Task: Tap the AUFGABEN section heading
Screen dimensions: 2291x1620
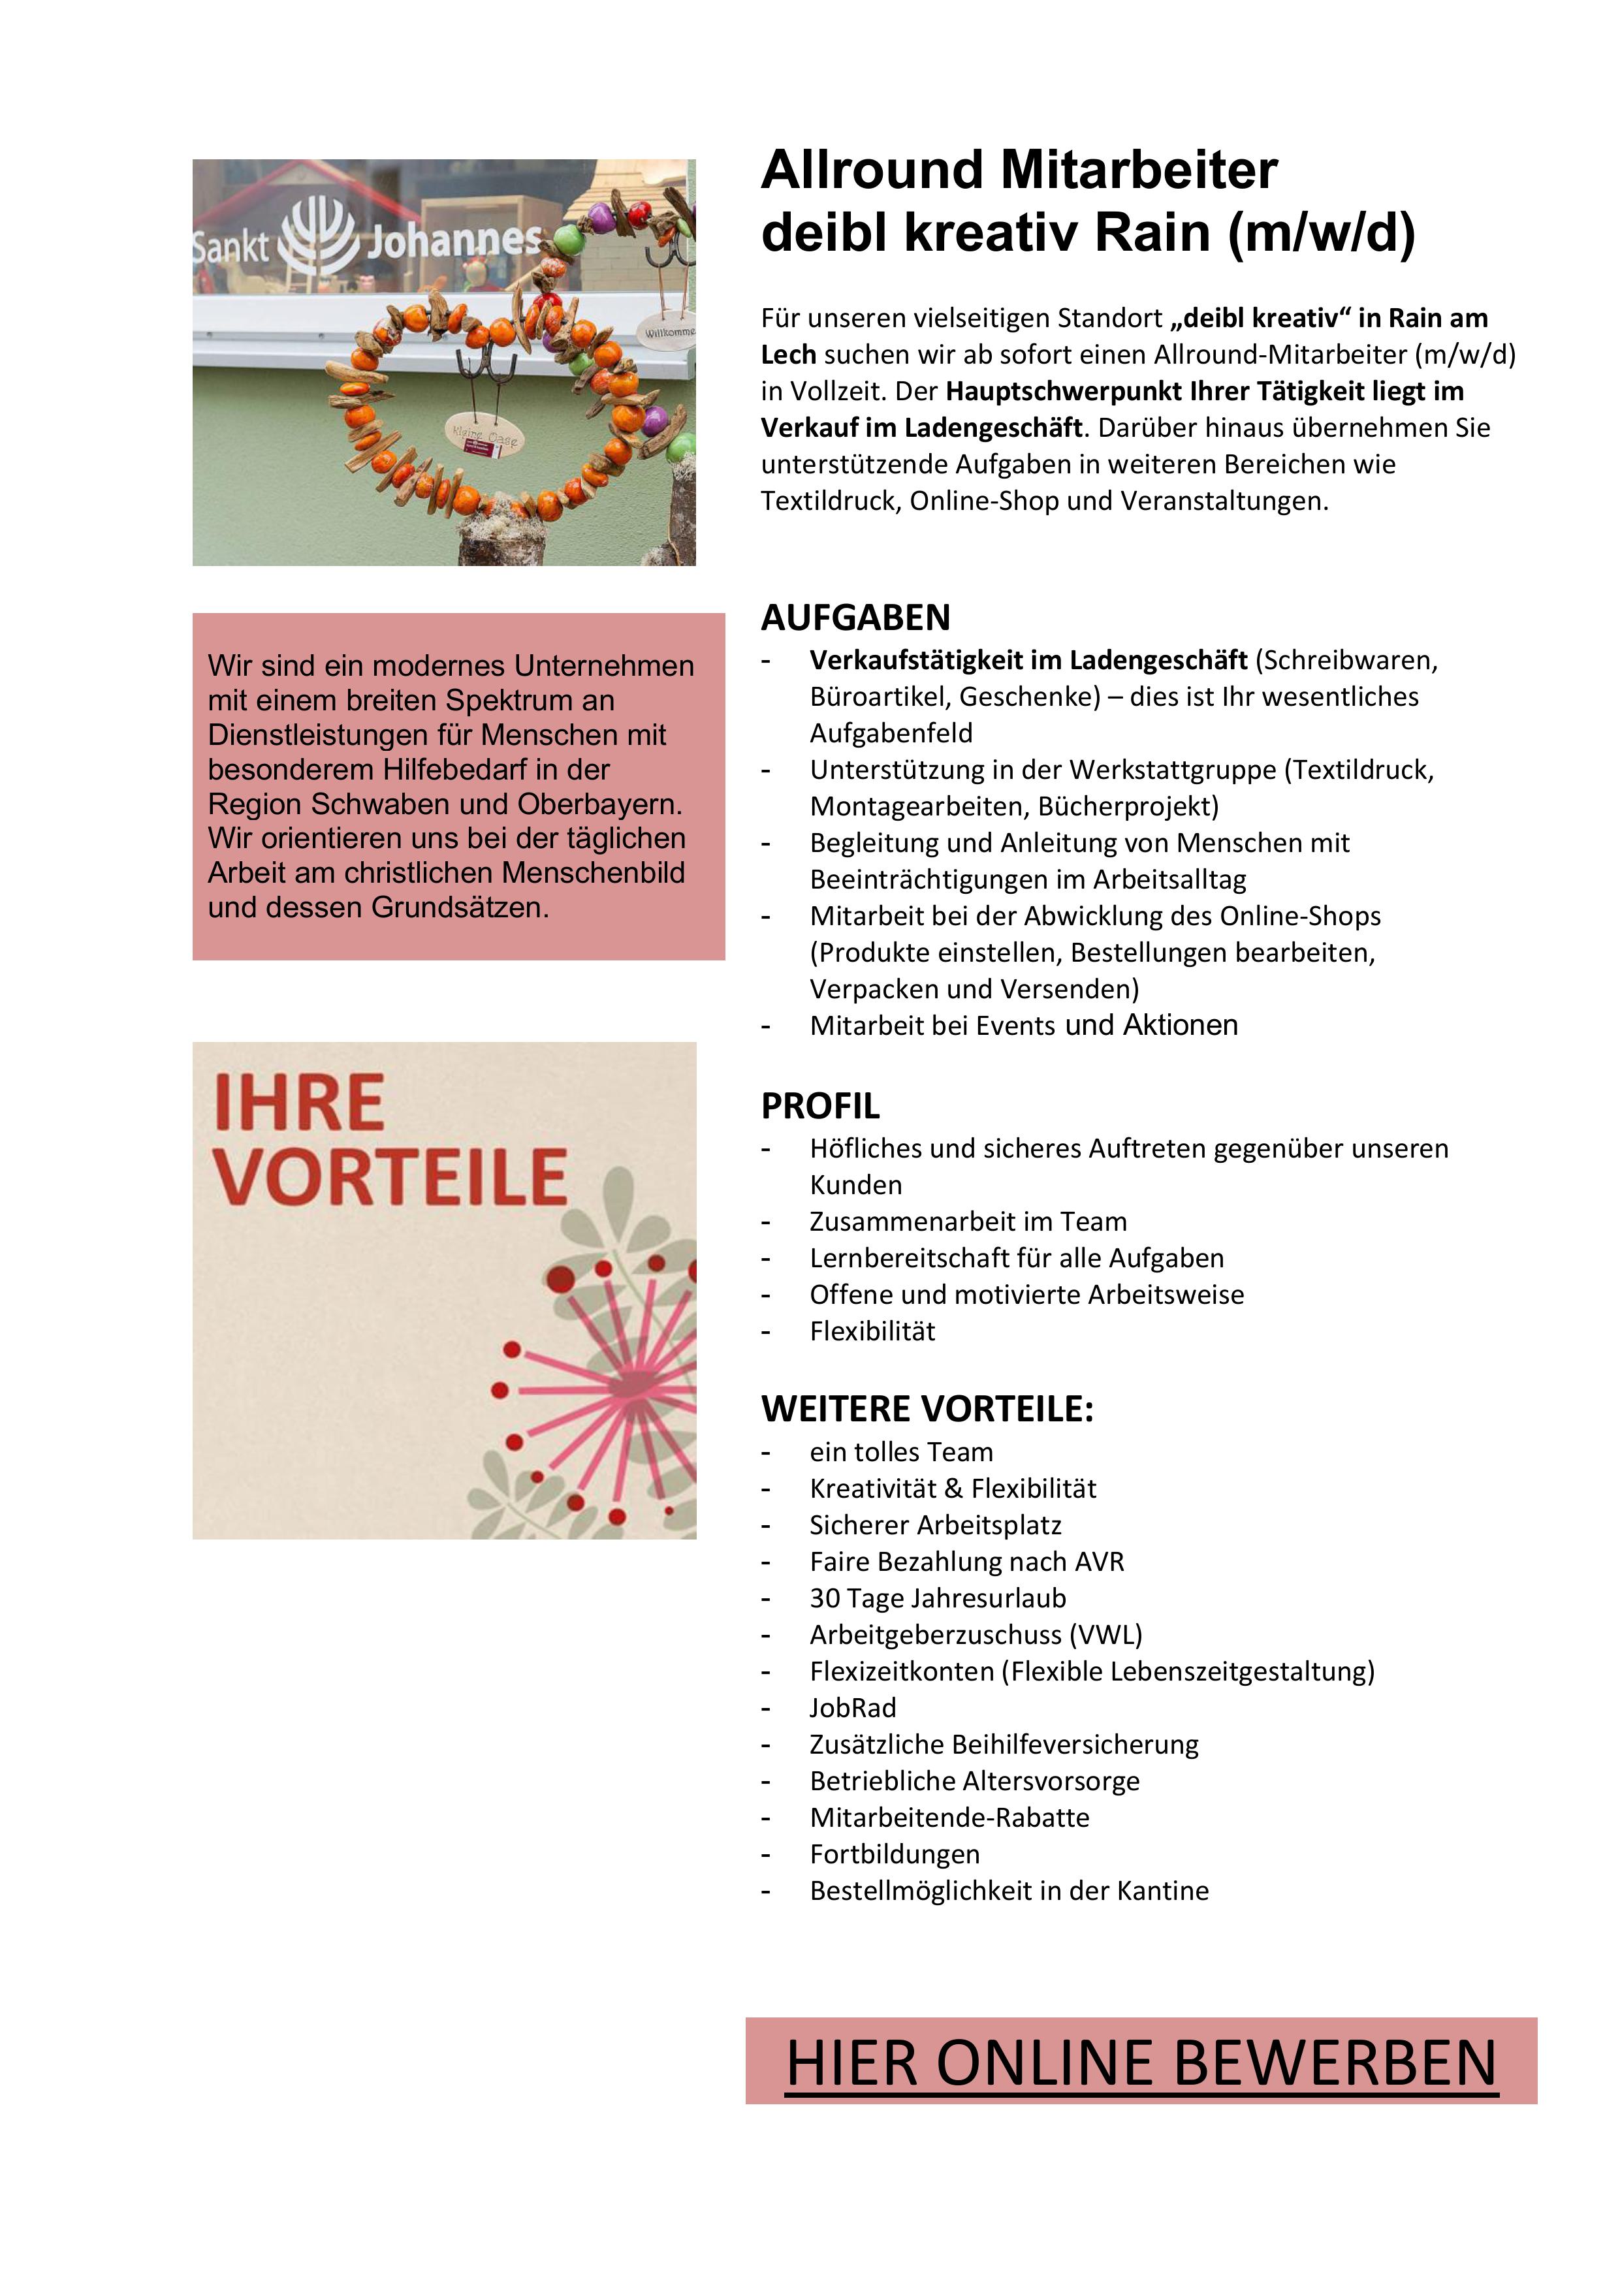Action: [855, 618]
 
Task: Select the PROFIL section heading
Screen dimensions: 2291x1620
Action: [821, 1105]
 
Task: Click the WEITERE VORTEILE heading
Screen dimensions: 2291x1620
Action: [927, 1409]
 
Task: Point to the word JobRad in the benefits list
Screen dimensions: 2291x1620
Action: [852, 1707]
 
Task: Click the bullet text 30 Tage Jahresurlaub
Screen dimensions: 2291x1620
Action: [937, 1598]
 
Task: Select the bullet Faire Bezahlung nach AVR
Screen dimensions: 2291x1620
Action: [966, 1562]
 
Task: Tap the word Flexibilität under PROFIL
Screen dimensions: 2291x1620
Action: [872, 1331]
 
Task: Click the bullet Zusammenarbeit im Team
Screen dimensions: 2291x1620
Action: [967, 1222]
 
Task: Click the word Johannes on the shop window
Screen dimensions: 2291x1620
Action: [454, 240]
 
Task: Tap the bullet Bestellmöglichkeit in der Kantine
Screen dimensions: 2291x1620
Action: [1008, 1890]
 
